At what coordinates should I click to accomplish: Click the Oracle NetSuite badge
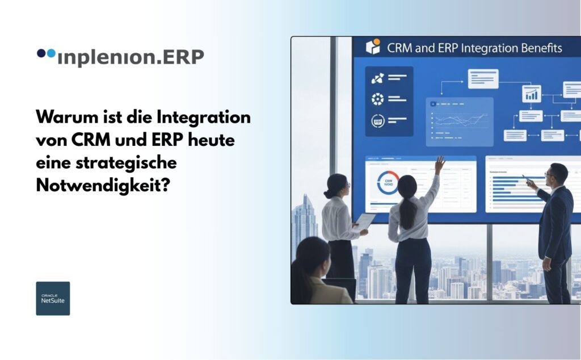tap(53, 298)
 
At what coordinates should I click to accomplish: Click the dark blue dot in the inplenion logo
tap(41, 53)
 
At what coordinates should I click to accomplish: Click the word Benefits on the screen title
tap(537, 48)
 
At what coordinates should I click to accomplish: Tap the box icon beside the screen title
tap(372, 47)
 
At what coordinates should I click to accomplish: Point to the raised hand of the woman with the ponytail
tap(439, 163)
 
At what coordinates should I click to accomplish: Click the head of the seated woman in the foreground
tap(312, 256)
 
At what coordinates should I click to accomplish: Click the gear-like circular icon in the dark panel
tap(377, 99)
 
